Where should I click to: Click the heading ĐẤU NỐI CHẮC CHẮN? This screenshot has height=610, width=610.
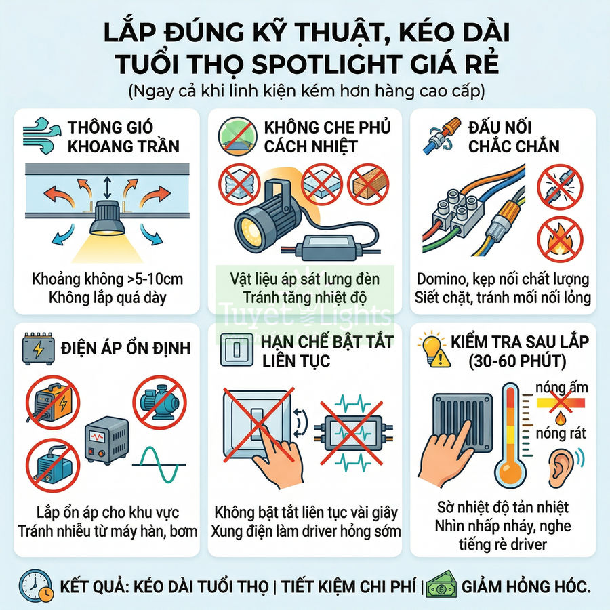[x=513, y=136]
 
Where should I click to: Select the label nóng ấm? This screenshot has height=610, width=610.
[x=561, y=388]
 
